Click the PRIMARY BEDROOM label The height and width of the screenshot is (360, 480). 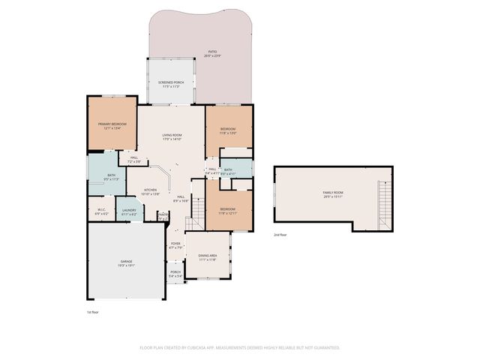click(112, 124)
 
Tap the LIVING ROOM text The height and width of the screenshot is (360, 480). click(172, 135)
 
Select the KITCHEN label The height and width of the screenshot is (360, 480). click(150, 190)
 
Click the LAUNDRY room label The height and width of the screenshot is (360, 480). click(129, 211)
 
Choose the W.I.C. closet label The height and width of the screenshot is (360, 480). click(102, 211)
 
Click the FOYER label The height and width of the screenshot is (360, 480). click(175, 244)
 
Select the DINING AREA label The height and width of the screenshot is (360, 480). click(207, 256)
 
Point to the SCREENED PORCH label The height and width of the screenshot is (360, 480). click(172, 83)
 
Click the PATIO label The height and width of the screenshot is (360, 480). click(213, 52)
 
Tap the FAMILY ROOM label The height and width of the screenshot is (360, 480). click(332, 193)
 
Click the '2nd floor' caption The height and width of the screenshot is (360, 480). click(281, 234)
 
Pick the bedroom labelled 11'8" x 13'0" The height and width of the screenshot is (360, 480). click(228, 129)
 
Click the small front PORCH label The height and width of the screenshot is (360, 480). click(175, 273)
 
